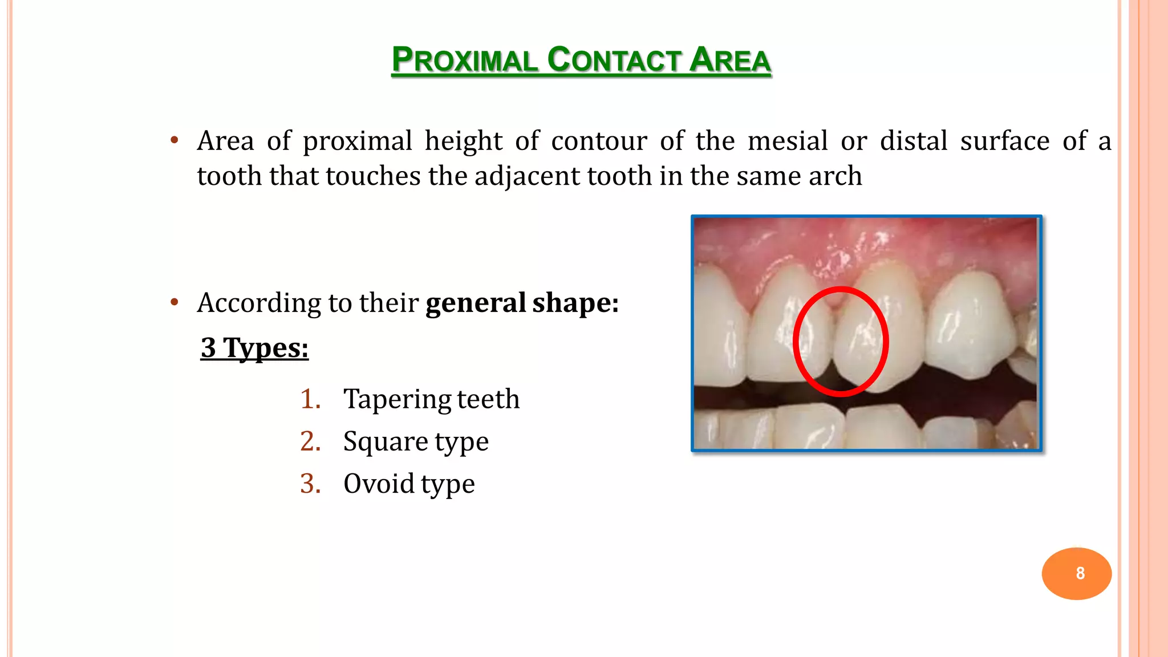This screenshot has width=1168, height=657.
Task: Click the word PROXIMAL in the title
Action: click(464, 60)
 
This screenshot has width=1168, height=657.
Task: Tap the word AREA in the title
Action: click(729, 60)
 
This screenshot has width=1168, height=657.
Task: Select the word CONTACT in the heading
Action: click(614, 60)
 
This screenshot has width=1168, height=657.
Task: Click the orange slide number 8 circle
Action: click(1076, 573)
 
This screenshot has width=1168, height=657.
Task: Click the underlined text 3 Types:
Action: click(254, 348)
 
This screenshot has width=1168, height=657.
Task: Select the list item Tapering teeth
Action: click(431, 399)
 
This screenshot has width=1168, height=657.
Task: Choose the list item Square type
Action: click(416, 441)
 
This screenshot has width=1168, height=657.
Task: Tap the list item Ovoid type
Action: click(409, 484)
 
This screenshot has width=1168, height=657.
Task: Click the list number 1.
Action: click(310, 399)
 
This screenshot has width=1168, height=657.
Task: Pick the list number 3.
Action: click(310, 484)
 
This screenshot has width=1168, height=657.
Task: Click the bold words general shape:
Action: click(522, 303)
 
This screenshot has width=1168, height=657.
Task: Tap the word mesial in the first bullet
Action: click(787, 141)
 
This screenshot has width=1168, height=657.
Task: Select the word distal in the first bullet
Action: click(913, 141)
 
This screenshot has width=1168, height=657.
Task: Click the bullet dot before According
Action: click(175, 302)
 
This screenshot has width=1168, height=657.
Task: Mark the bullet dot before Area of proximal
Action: click(175, 140)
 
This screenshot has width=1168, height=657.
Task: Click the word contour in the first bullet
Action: click(599, 141)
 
